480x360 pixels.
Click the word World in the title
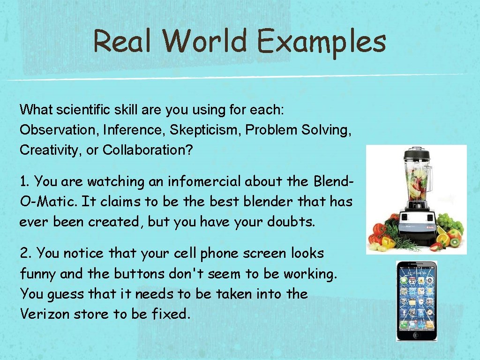click(x=205, y=41)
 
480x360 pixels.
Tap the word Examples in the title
click(x=321, y=42)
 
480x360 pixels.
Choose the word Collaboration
click(x=151, y=150)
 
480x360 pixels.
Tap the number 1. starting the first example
click(x=25, y=181)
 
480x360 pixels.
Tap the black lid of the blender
click(x=414, y=153)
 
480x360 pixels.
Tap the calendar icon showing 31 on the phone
click(x=412, y=281)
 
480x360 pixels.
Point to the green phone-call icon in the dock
click(x=404, y=323)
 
